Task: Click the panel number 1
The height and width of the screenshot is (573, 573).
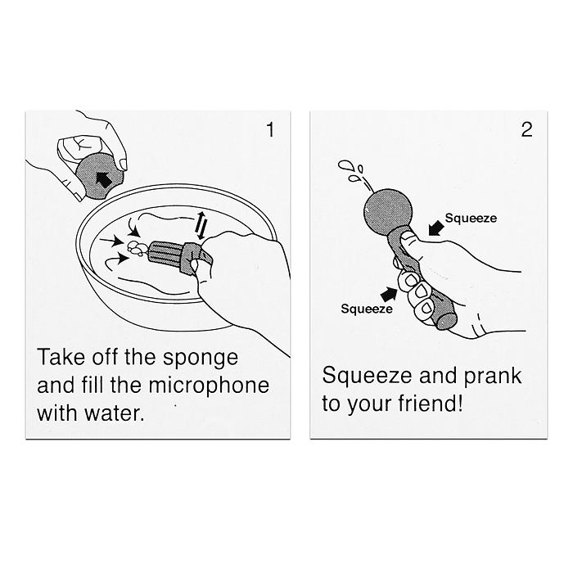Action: click(270, 130)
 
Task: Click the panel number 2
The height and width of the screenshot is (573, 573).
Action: click(526, 129)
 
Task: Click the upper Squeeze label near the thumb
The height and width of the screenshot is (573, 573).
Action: click(471, 219)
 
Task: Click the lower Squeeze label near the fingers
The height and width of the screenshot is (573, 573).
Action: click(367, 309)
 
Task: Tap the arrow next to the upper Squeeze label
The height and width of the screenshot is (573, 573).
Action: click(436, 228)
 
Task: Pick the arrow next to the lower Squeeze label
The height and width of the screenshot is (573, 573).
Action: click(389, 293)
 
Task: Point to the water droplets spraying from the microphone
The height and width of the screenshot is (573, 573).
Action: click(352, 170)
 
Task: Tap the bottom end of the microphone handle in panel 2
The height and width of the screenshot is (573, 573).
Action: click(447, 320)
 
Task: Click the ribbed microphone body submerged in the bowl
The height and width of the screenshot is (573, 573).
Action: click(166, 252)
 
